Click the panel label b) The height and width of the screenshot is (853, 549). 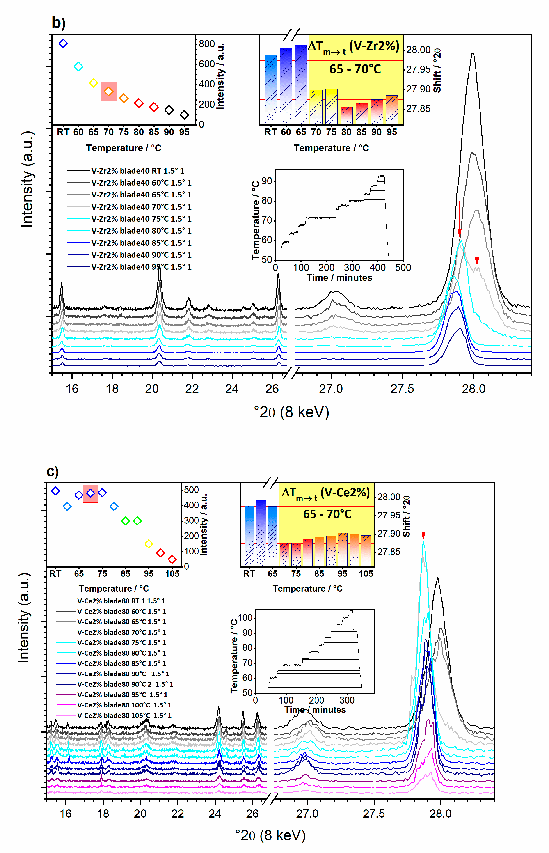click(58, 23)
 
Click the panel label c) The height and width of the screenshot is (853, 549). click(53, 471)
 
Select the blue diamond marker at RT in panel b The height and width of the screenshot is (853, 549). click(63, 44)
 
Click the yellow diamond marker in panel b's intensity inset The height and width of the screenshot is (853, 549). click(93, 83)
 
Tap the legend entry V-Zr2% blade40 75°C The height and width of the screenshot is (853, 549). click(141, 219)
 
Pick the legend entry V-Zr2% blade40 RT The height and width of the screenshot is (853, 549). click(137, 171)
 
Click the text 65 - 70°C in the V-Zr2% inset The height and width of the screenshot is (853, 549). click(355, 69)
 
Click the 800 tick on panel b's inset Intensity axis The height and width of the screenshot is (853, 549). click(207, 44)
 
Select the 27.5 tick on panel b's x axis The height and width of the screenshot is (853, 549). click(402, 389)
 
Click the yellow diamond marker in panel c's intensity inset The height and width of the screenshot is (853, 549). click(149, 544)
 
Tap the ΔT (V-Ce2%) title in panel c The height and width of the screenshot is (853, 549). click(325, 493)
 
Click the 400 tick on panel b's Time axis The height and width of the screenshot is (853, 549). click(377, 267)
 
